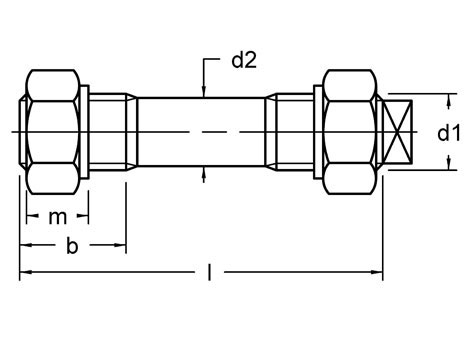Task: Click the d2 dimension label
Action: (x=244, y=61)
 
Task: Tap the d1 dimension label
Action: (x=449, y=133)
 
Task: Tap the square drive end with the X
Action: (x=397, y=133)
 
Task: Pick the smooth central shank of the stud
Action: (x=201, y=132)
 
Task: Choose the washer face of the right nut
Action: (x=318, y=132)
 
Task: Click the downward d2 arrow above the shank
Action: (x=204, y=91)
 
